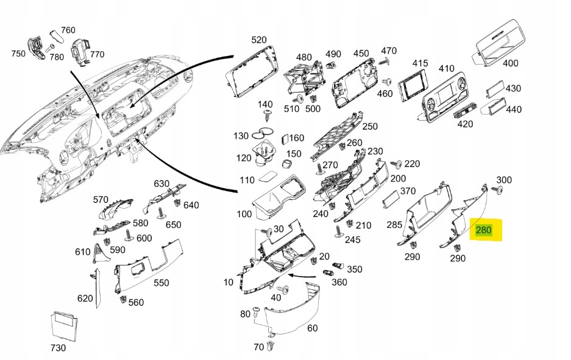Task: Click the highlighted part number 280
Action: pos(483,230)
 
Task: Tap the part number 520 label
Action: pos(259,40)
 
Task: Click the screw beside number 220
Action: pos(397,164)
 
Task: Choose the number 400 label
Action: pos(510,63)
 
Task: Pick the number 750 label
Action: pos(18,54)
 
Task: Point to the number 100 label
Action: pos(244,214)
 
